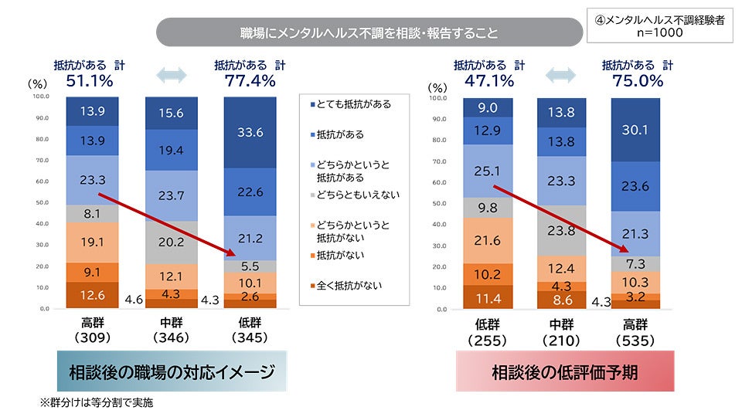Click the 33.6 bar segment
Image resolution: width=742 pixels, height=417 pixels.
coord(250,133)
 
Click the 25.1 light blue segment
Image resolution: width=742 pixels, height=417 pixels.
coord(488,171)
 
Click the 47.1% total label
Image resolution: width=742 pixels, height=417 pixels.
coord(489,80)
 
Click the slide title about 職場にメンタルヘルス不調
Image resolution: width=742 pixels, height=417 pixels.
coord(369,33)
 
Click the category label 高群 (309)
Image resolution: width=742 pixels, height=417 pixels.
coord(93,331)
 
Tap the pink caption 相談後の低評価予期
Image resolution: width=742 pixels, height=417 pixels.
coord(564,372)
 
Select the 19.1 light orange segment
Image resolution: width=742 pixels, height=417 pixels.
coord(93,242)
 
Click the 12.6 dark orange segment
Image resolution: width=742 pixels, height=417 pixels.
coord(93,295)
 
